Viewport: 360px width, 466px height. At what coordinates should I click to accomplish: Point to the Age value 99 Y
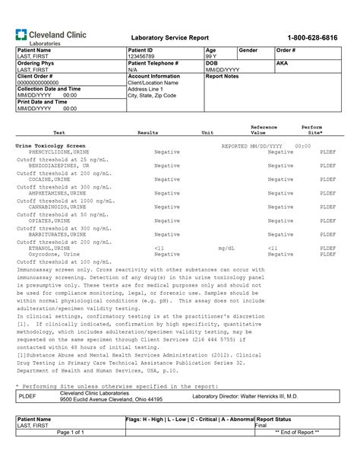[x=210, y=56]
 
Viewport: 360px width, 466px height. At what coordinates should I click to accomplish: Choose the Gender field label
[x=249, y=49]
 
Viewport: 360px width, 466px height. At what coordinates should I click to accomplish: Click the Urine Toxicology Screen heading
[x=51, y=145]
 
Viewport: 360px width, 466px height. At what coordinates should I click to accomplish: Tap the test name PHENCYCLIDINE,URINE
[x=54, y=152]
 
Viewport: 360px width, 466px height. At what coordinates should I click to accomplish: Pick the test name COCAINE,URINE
[x=51, y=179]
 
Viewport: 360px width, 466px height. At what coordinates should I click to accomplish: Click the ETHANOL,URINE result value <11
[x=159, y=248]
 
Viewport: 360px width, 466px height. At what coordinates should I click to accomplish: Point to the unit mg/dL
[x=226, y=248]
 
